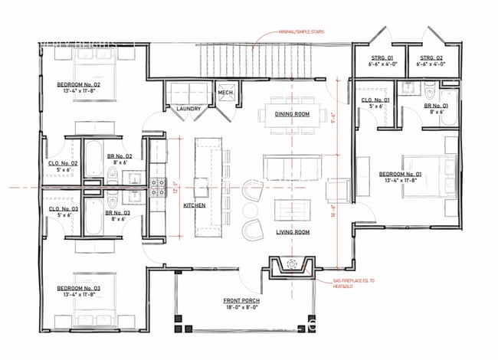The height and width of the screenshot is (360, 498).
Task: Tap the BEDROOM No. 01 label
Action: pos(400,175)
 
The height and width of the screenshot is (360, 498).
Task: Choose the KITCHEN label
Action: pos(193,205)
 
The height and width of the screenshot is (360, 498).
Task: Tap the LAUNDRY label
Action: pos(188,109)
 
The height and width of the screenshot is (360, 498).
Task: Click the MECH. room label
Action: pos(225,93)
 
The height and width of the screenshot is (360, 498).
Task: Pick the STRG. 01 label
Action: pos(381,57)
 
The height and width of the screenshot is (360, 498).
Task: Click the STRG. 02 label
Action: pos(431,57)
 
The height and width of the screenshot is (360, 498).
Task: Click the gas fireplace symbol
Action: pos(291,265)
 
